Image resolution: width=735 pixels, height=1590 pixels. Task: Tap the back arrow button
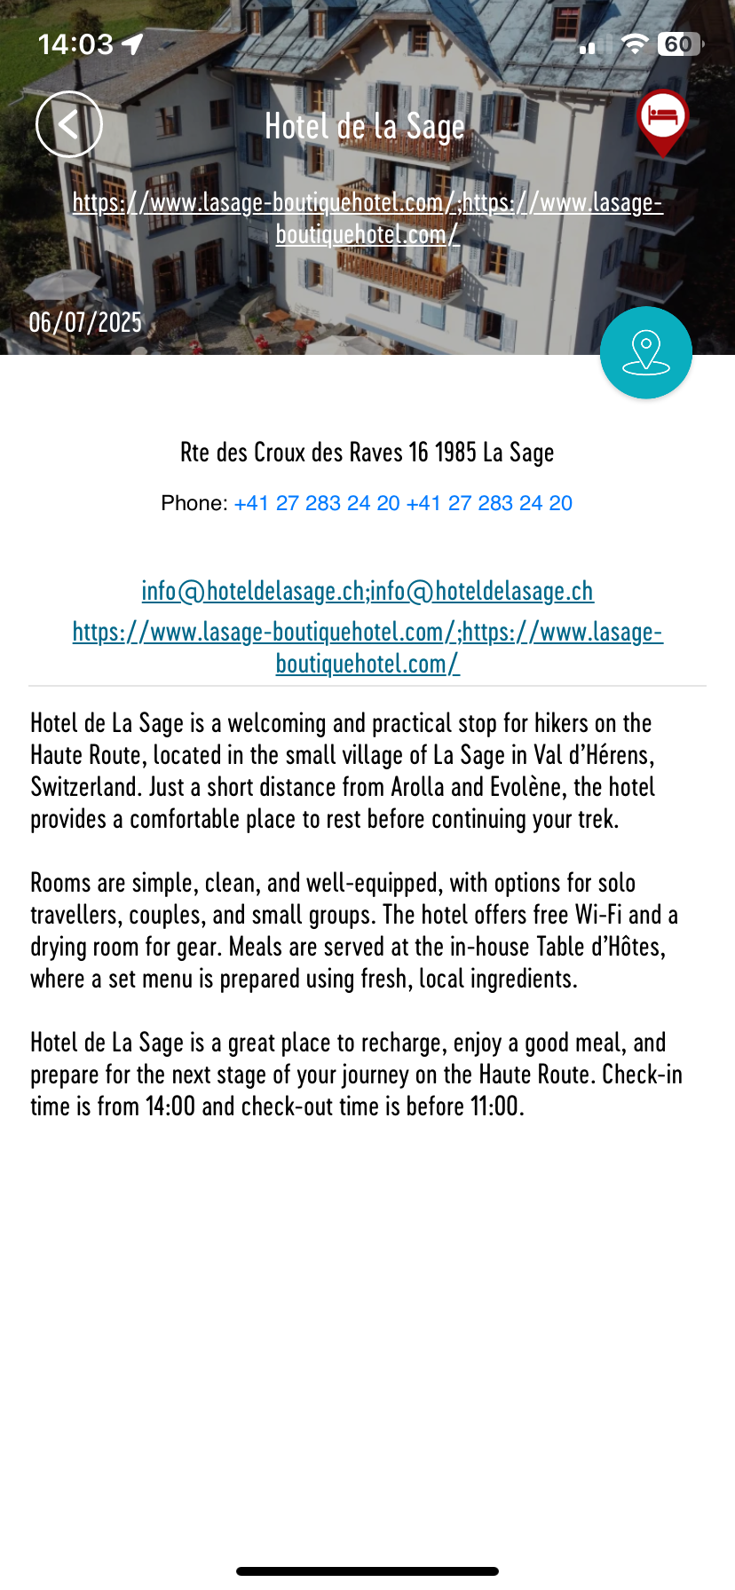click(x=69, y=125)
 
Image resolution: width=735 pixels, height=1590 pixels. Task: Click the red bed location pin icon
click(x=662, y=119)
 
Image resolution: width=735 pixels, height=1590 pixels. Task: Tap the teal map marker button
click(x=645, y=353)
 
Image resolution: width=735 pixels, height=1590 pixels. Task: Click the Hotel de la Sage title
click(x=365, y=127)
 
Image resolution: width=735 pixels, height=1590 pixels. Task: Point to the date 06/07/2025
click(x=85, y=322)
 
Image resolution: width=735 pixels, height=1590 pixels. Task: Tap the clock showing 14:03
click(x=75, y=44)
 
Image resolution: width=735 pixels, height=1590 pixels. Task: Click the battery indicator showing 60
click(x=679, y=44)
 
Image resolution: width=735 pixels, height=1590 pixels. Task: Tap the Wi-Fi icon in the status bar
click(x=634, y=44)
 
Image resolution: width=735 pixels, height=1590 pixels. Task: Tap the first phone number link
click(x=317, y=503)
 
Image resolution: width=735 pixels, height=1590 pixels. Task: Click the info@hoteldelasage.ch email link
click(x=253, y=591)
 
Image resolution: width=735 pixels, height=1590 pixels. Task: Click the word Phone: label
click(x=194, y=503)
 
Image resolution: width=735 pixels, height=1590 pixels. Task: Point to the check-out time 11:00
click(x=494, y=1106)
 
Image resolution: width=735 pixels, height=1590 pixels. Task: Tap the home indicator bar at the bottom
click(x=367, y=1571)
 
